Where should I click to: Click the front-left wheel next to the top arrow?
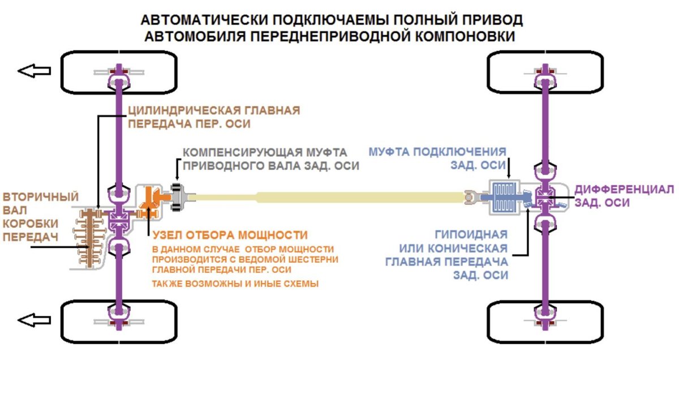(85, 72)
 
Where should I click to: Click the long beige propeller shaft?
(339, 197)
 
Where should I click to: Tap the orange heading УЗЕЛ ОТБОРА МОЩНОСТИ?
(229, 235)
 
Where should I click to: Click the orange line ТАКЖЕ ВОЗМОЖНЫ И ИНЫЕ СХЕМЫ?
(235, 284)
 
